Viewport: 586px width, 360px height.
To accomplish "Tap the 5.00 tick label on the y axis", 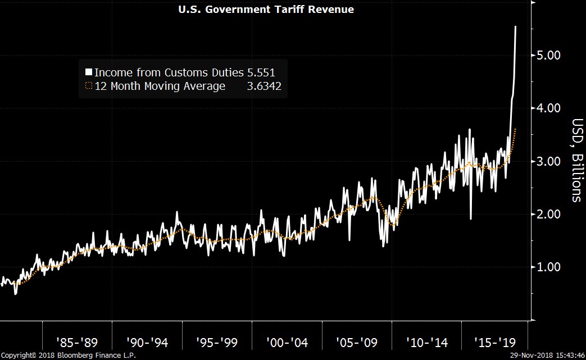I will coord(546,56).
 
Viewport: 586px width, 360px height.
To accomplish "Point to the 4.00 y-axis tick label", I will coord(546,108).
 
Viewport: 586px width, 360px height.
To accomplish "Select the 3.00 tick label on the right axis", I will coord(546,161).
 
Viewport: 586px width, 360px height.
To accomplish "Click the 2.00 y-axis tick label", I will coord(546,214).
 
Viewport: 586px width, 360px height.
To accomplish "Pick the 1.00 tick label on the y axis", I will coord(546,267).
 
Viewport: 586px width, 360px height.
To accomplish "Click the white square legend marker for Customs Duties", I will coord(88,72).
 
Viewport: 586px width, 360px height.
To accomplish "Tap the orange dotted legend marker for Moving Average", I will coord(88,86).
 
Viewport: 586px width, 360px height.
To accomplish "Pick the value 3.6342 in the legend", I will coord(264,86).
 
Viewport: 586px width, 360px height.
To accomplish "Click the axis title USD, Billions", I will coord(576,160).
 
